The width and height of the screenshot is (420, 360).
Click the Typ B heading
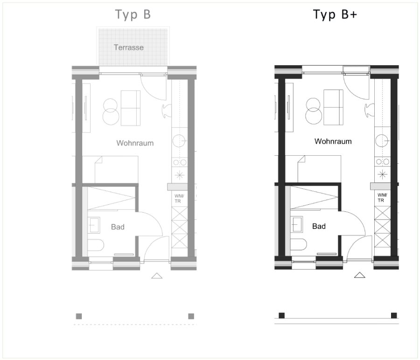(x=133, y=14)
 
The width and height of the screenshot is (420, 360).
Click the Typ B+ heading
(x=335, y=14)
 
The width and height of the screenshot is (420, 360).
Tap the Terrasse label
(x=129, y=48)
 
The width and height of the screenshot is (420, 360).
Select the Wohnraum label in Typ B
(x=135, y=143)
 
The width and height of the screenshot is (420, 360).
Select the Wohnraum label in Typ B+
(x=333, y=141)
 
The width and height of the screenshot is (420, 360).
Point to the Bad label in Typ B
(x=118, y=227)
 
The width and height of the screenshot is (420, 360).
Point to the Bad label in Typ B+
(x=319, y=226)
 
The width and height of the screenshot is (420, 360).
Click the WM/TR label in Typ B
(x=179, y=199)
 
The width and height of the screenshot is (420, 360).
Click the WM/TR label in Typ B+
(x=382, y=198)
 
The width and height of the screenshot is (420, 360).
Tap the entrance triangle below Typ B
(x=157, y=276)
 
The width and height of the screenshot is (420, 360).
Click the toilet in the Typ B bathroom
(x=96, y=245)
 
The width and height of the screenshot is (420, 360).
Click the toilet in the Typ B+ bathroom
(x=298, y=244)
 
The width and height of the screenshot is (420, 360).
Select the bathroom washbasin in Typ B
(x=94, y=225)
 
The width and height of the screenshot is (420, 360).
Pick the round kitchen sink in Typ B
(x=179, y=141)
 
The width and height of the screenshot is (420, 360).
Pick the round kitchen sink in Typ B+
(x=382, y=140)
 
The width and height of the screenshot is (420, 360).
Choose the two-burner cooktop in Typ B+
(x=382, y=162)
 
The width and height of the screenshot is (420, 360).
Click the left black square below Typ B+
(x=281, y=315)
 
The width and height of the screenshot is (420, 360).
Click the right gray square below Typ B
(x=191, y=316)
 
